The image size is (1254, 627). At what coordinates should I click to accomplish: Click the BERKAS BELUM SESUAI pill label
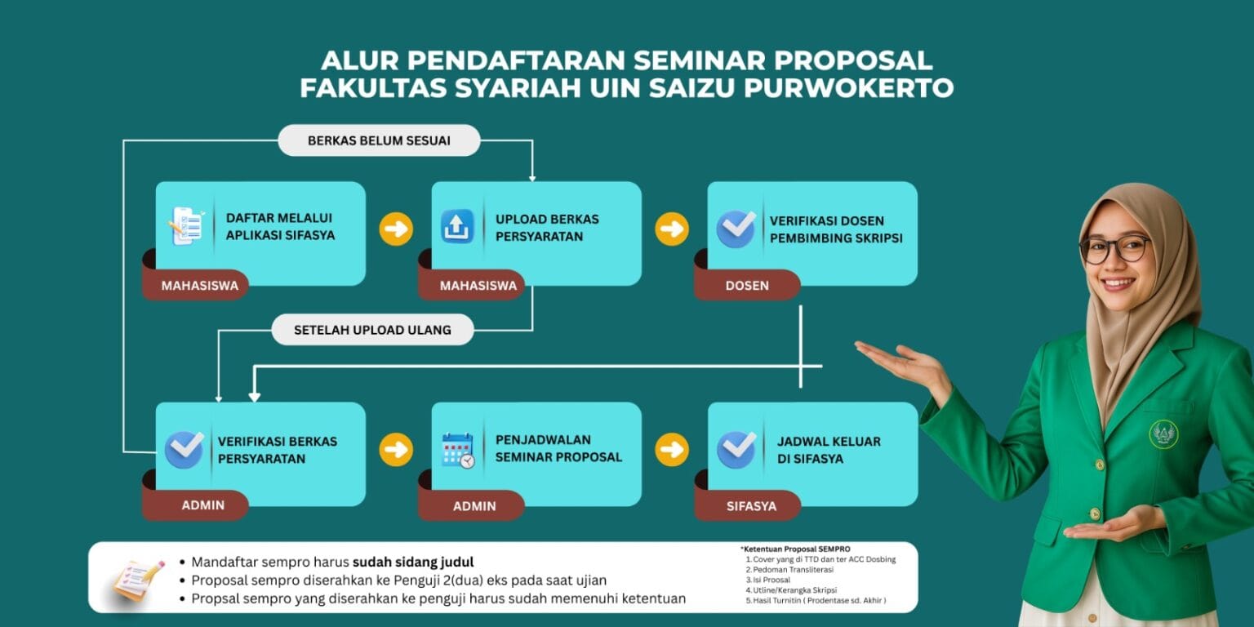tap(379, 140)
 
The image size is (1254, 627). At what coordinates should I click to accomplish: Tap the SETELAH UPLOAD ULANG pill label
tap(372, 330)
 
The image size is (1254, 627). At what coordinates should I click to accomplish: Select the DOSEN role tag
tap(747, 286)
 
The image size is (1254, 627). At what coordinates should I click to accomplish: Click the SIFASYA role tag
tap(751, 506)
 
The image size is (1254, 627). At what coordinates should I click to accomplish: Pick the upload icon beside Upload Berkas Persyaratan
tap(457, 227)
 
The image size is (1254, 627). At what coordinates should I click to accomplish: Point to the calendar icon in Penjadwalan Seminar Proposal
tap(458, 450)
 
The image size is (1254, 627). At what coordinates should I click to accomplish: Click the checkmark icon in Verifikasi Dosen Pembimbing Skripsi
tap(736, 229)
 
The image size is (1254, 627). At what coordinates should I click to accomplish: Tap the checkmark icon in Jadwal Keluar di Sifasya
tap(736, 449)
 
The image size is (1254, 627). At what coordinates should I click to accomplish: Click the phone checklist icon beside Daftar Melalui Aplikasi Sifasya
tap(186, 225)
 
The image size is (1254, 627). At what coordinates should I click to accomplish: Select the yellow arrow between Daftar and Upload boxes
tap(396, 229)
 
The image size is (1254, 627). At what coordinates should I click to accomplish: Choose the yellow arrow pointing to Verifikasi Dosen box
tap(672, 229)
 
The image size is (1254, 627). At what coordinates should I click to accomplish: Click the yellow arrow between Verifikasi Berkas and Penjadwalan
tap(396, 450)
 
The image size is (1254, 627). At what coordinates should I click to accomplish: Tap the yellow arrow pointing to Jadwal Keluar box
tap(672, 450)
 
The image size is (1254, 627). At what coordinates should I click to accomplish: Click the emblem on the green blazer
tap(1164, 434)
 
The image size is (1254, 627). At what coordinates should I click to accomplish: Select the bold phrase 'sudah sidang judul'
tap(413, 562)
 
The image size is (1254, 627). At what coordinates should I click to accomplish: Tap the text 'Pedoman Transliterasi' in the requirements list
tap(794, 569)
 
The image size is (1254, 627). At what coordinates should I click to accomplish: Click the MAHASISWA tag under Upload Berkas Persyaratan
tap(478, 286)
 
